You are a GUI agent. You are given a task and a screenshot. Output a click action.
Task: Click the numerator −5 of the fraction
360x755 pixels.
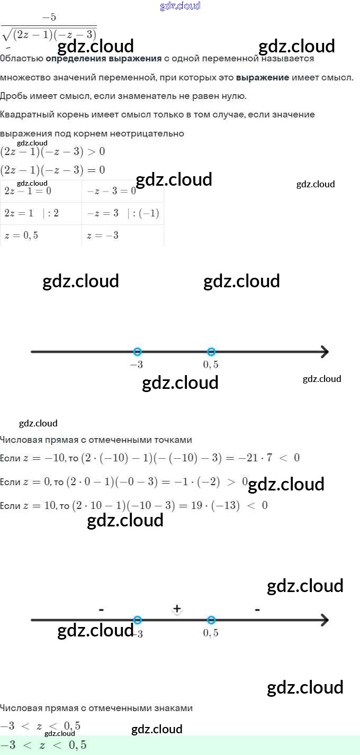click(49, 17)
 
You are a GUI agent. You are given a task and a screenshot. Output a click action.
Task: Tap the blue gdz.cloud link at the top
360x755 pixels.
click(180, 6)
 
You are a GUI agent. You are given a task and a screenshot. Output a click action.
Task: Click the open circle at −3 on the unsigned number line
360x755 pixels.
click(138, 352)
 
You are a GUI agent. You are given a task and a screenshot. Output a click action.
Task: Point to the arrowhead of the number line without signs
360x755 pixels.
click(324, 352)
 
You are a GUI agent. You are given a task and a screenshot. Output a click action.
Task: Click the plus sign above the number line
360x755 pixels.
click(177, 609)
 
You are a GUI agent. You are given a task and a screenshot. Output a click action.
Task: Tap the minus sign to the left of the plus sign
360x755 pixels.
click(101, 610)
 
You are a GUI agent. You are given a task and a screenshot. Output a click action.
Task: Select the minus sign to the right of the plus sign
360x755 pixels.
click(257, 610)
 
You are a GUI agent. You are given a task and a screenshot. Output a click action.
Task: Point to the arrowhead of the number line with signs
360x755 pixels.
click(324, 620)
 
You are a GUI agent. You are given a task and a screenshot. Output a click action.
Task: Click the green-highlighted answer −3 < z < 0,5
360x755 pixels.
click(43, 745)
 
